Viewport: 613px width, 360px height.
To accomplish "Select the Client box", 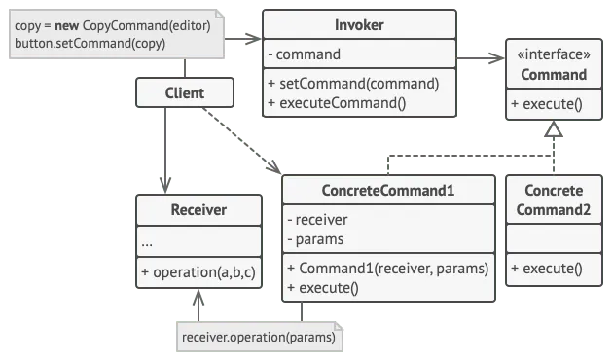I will coord(185,93).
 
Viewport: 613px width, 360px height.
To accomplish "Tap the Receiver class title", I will coord(198,209).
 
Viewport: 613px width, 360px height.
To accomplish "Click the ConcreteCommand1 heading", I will coord(387,189).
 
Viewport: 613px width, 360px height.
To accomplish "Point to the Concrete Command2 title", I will coord(553,199).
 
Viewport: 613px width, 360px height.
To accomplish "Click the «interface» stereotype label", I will coord(553,56).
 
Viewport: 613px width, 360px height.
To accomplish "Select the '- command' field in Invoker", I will coord(305,54).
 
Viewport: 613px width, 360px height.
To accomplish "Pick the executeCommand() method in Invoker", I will coord(336,102).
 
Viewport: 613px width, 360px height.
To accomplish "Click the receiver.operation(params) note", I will coord(258,338).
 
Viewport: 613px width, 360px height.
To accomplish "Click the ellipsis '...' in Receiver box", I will coord(149,240).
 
